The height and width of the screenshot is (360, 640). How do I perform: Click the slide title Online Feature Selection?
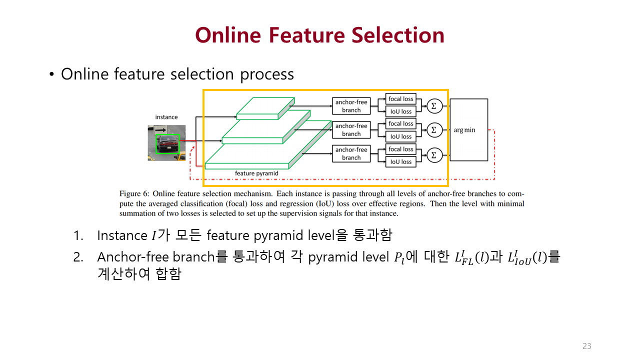319,35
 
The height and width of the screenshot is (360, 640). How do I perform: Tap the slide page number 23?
586,346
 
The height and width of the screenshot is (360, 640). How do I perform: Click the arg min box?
468,130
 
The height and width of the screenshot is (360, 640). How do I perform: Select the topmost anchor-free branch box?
351,106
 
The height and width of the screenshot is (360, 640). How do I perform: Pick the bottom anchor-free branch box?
351,153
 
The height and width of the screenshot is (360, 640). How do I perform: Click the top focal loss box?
401,99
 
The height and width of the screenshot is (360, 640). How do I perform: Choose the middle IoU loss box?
401,136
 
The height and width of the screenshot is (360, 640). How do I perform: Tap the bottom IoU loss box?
401,162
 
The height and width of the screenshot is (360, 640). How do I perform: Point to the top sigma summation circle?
433,105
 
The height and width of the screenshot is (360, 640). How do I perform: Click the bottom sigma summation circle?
433,155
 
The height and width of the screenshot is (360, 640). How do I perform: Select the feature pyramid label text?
256,173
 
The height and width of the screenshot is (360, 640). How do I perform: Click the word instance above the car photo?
166,117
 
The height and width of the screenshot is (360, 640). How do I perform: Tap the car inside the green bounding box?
167,144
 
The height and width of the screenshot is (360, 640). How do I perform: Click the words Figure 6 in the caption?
133,193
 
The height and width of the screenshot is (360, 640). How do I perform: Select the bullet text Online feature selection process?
177,74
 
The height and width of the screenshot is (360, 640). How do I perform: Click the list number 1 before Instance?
77,235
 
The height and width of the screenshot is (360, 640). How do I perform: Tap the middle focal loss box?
401,124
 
